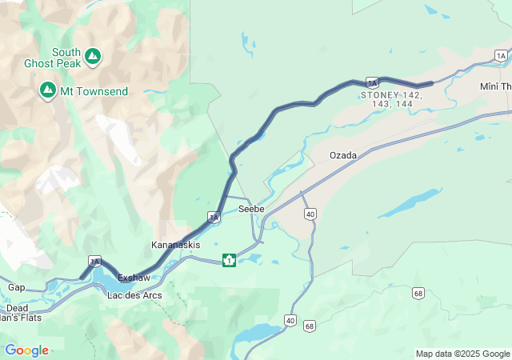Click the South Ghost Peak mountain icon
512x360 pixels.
tap(93, 55)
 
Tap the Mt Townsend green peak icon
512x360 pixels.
tap(47, 90)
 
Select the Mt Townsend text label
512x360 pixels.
tap(93, 91)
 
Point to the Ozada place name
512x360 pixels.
tap(343, 154)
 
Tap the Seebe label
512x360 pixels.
tap(251, 209)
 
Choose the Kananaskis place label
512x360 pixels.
tap(176, 244)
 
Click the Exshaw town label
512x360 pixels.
tap(134, 278)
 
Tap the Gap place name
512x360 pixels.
tap(16, 287)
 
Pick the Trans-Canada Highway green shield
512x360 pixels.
tap(229, 260)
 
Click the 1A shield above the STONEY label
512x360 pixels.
tap(372, 82)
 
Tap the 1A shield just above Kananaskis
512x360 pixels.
tap(214, 216)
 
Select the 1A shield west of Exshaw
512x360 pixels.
tap(95, 262)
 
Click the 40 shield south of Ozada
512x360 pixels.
tap(310, 214)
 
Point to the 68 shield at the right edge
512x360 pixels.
tap(418, 294)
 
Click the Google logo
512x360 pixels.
tap(26, 350)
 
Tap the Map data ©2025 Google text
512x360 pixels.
tap(462, 354)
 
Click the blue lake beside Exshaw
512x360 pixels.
tap(103, 278)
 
